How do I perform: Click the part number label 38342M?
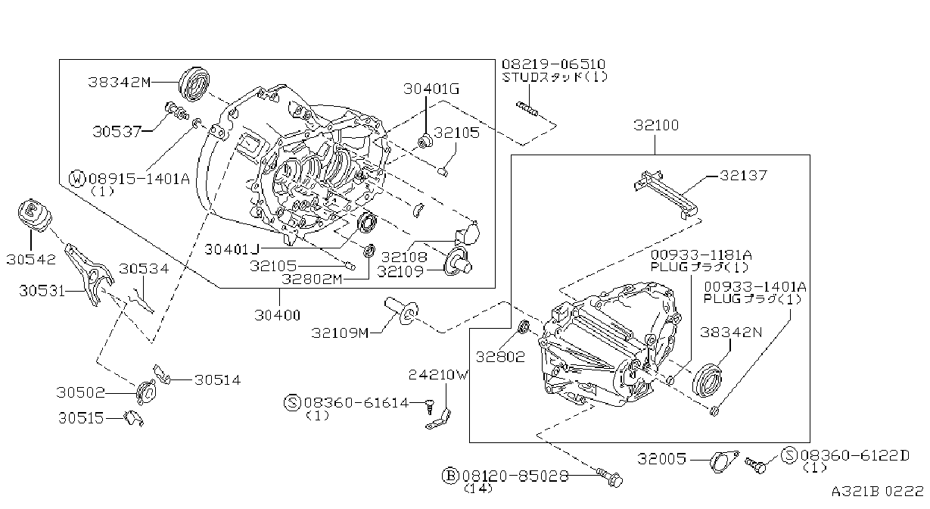[119, 82]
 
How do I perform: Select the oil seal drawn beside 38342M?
[194, 84]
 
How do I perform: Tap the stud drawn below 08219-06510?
[527, 109]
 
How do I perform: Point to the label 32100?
[656, 125]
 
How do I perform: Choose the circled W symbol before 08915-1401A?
[77, 179]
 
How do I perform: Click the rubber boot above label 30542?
[35, 215]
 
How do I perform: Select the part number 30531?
[42, 291]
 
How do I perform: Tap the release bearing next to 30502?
[146, 392]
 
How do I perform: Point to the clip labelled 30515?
[134, 418]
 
